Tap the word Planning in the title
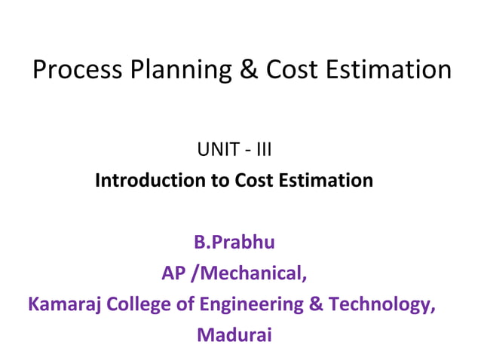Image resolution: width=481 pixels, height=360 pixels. pos(170,70)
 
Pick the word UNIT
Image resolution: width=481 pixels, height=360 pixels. pos(216,150)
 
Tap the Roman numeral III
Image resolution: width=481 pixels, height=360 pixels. pos(262,150)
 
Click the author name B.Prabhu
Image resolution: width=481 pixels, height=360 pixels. pos(234,243)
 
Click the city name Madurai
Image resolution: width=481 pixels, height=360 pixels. pos(234,335)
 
